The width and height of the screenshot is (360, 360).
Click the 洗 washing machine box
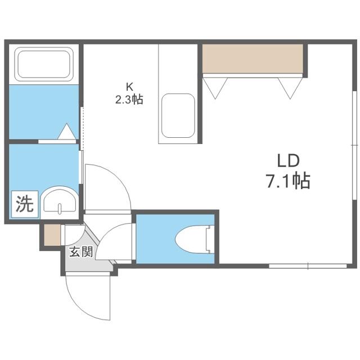point(25,204)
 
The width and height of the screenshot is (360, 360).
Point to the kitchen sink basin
point(178,116)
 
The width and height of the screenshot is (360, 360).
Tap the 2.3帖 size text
point(129,100)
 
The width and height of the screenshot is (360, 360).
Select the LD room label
point(289,161)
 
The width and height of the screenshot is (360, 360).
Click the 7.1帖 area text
point(289,181)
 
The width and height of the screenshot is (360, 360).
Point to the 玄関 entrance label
point(81,251)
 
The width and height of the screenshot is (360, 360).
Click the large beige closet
point(253,58)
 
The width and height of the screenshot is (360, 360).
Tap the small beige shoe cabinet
point(52,235)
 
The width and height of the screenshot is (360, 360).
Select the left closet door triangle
point(215,88)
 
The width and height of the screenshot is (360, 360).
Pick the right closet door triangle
point(290,88)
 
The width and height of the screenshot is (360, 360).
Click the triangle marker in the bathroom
point(66,131)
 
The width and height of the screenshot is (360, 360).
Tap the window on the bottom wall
point(308,266)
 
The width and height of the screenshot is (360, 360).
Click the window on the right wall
point(355,146)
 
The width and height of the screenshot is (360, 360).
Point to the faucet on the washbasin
point(60,208)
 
